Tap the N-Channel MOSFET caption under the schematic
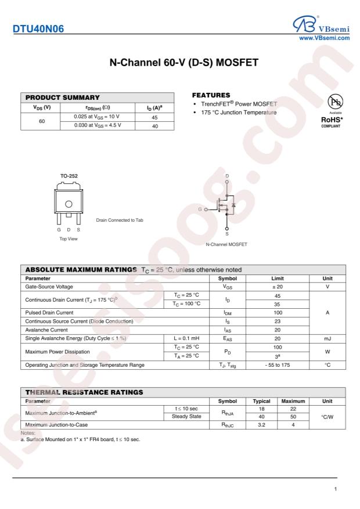(x=226, y=244)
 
